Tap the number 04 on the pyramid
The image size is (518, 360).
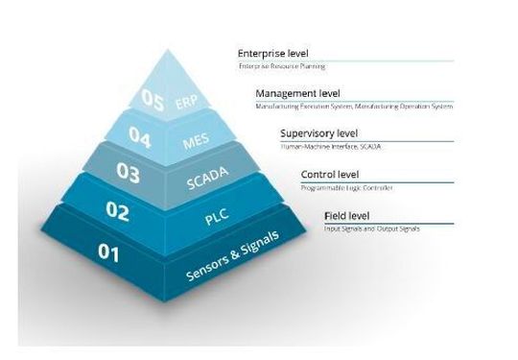click(140, 136)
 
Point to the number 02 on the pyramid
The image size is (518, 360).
click(117, 211)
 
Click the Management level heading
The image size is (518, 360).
click(297, 93)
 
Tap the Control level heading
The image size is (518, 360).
click(330, 175)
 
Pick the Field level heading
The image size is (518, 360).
click(347, 215)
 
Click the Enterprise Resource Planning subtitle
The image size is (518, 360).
click(283, 67)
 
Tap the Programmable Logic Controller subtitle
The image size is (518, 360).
click(347, 188)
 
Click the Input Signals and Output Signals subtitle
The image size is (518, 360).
click(371, 228)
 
